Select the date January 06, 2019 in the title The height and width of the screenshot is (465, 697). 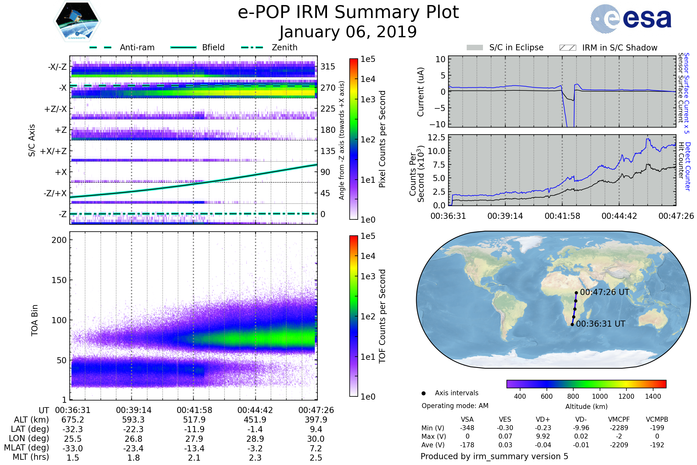click(348, 32)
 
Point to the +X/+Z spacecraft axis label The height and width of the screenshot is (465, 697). click(53, 151)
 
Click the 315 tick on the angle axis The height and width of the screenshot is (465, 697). click(328, 67)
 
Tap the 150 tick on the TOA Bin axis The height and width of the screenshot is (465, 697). click(59, 280)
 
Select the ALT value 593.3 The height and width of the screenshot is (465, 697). click(133, 420)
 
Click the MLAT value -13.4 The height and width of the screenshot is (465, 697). click(194, 448)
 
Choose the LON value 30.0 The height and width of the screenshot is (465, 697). click(316, 439)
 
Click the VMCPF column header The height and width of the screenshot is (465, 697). click(619, 419)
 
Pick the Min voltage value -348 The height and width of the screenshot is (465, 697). click(467, 428)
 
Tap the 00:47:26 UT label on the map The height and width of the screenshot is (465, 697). click(605, 292)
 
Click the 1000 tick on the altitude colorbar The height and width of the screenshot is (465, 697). click(600, 396)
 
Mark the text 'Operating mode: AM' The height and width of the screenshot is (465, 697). click(455, 406)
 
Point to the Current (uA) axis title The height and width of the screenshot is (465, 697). click(421, 92)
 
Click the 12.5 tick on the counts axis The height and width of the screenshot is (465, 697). click(436, 137)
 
